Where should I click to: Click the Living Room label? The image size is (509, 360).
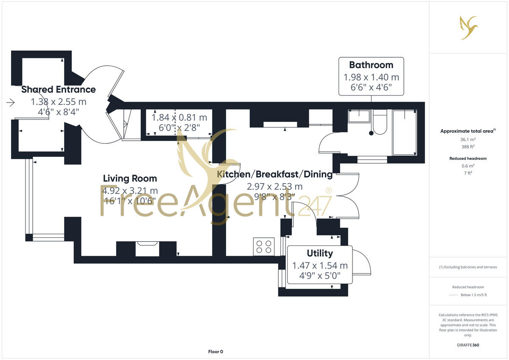(x=130, y=179)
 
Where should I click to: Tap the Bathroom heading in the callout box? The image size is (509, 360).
(x=371, y=65)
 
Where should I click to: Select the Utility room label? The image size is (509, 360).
(x=320, y=254)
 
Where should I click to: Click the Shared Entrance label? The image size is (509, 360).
(x=59, y=89)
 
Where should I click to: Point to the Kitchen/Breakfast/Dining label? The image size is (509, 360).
(x=274, y=174)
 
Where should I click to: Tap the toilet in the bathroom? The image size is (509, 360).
(x=380, y=123)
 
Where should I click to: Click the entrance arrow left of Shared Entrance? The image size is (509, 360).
(x=11, y=103)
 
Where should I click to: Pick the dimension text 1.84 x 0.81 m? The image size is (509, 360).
(x=179, y=117)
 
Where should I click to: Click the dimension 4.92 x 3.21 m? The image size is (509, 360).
(x=130, y=190)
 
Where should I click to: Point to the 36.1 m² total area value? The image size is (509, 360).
(x=468, y=139)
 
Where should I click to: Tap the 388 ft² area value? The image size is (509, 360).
(x=468, y=147)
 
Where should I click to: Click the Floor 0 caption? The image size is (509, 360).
(x=215, y=352)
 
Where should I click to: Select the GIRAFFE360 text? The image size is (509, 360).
(x=468, y=345)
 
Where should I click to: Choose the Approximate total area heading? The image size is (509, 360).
(x=467, y=131)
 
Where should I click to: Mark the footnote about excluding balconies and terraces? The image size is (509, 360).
(x=468, y=267)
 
